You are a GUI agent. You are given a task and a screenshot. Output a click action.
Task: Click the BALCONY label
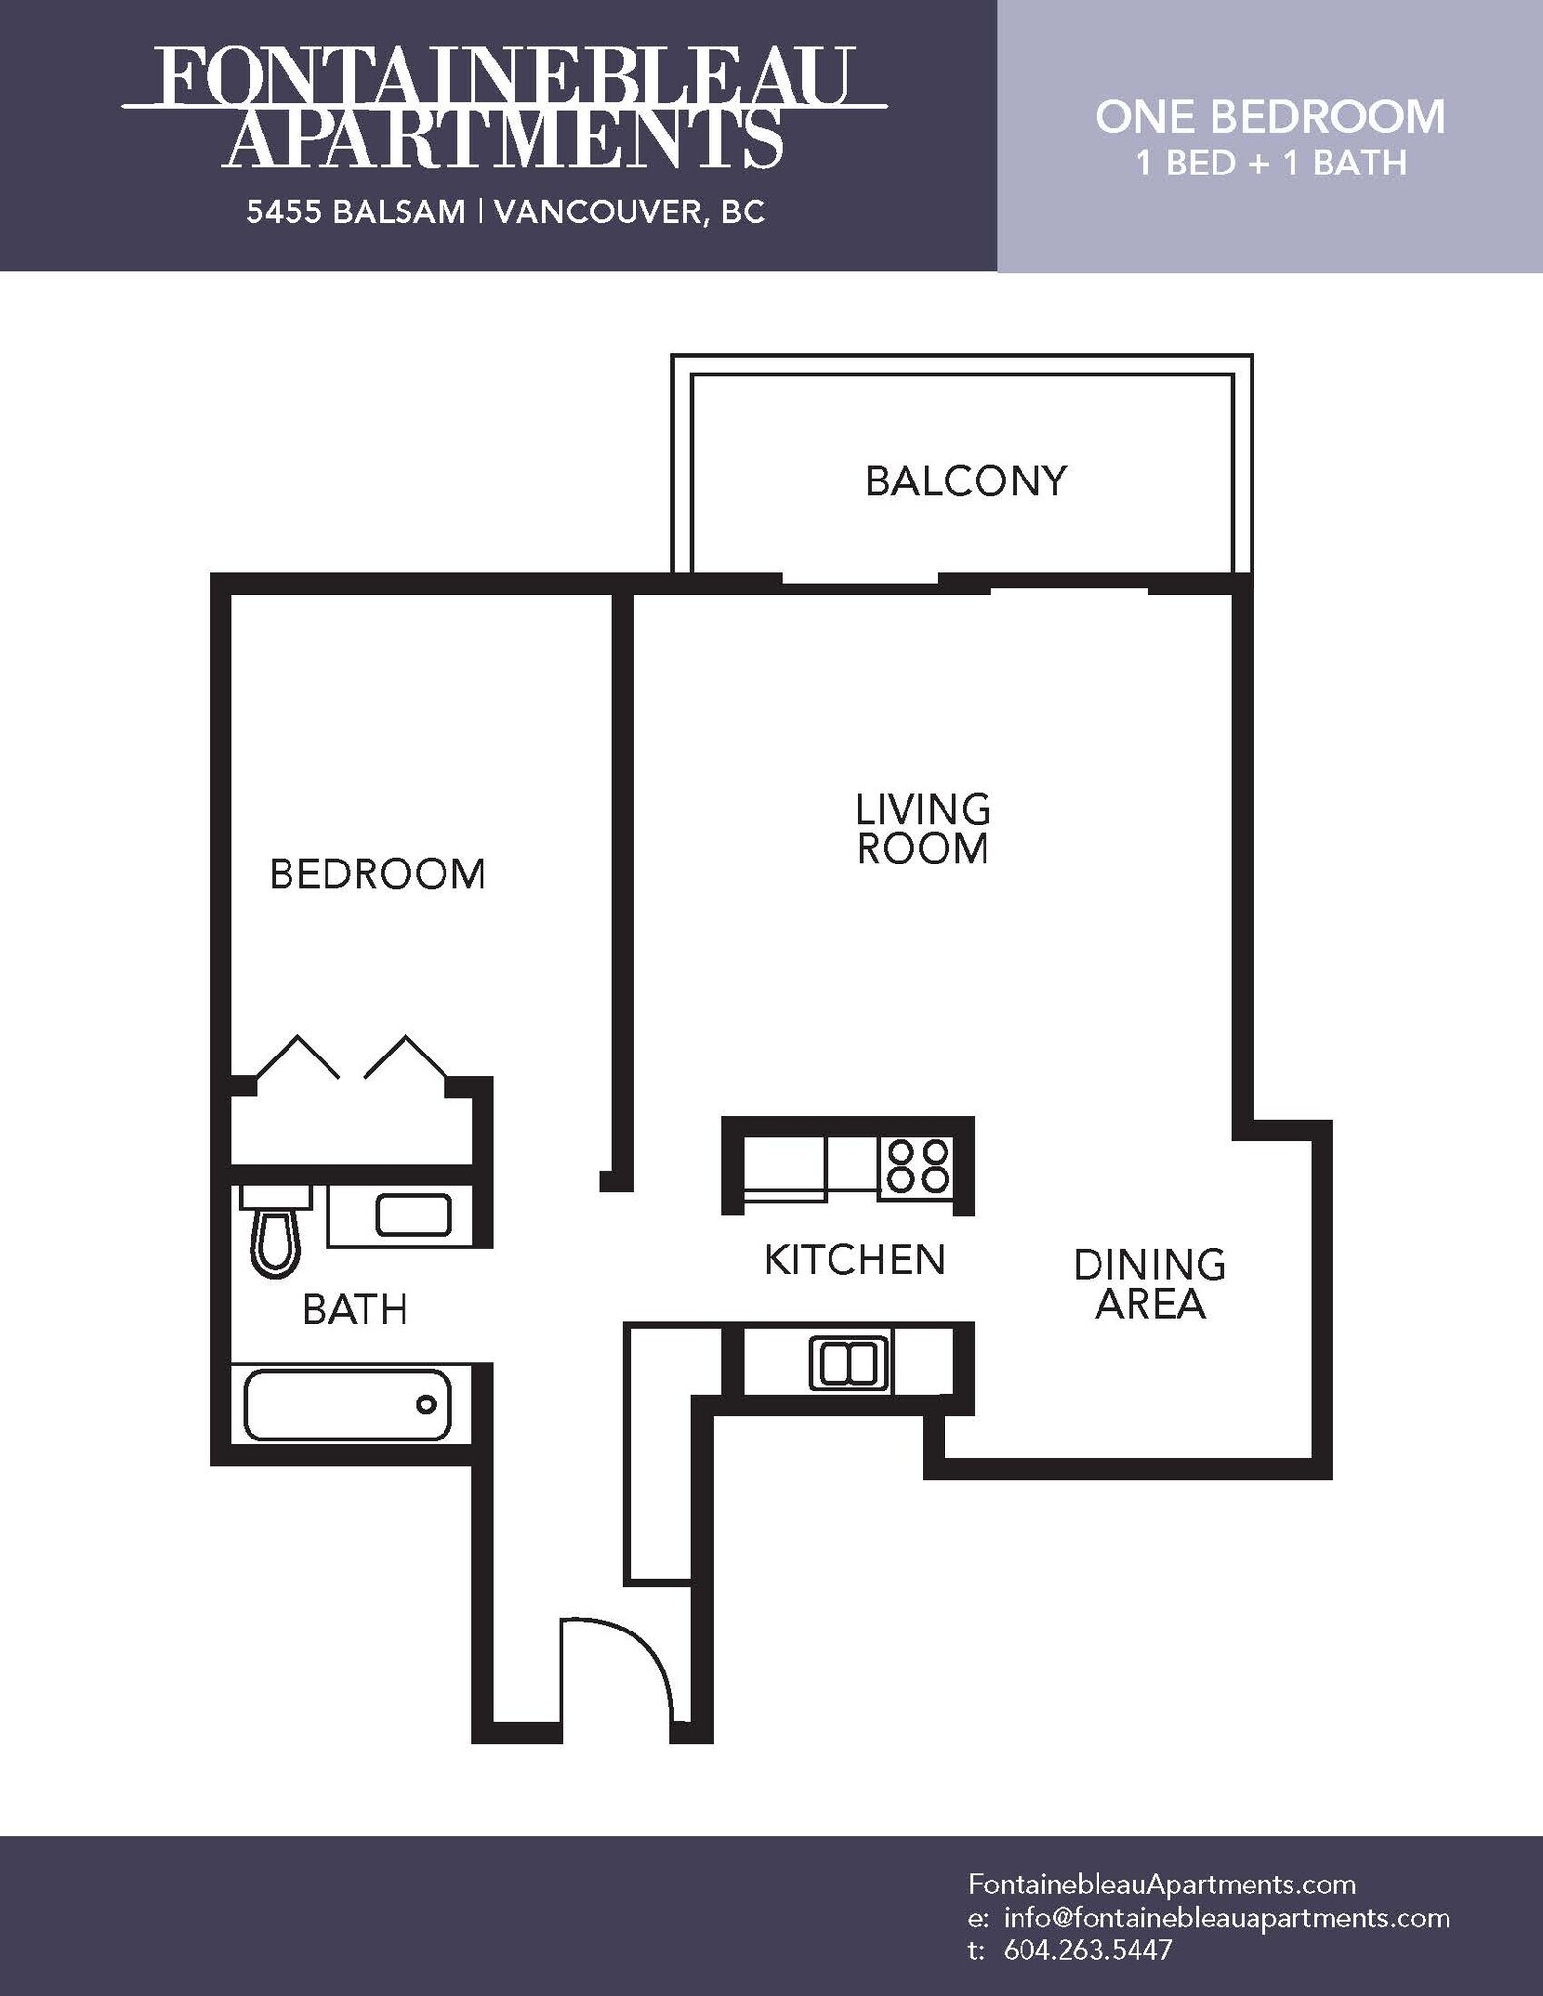(966, 481)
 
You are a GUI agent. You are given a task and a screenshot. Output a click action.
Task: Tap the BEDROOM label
(377, 874)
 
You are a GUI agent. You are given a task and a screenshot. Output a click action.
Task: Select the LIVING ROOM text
(922, 829)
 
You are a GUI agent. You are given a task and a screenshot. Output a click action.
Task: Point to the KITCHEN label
(854, 1259)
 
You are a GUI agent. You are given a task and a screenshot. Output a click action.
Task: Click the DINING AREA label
(1149, 1284)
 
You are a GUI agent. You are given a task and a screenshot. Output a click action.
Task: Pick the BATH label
(355, 1310)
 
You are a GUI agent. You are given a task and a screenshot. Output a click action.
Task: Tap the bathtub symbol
(347, 1404)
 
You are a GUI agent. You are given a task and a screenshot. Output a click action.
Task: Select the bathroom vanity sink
(413, 1214)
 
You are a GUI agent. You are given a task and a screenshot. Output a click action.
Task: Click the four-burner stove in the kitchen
(916, 1166)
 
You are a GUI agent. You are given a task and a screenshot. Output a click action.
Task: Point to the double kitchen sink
(848, 1363)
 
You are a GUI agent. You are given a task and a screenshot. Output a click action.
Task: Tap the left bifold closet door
(296, 1058)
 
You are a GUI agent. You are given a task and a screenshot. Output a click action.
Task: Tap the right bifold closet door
(405, 1058)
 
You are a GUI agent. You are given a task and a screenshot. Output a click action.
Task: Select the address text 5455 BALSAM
(355, 212)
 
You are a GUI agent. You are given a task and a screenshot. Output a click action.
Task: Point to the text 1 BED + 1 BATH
(1270, 163)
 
